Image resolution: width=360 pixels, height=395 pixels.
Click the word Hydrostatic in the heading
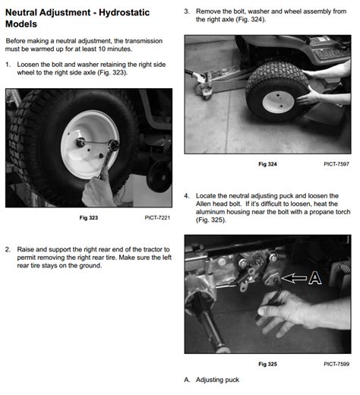[x=124, y=12]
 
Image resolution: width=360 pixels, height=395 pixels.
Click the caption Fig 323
[x=89, y=218]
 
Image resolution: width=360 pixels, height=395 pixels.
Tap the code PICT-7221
[x=157, y=218]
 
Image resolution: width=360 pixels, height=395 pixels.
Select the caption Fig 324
[x=267, y=164]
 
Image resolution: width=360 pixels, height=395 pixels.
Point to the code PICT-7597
[x=336, y=164]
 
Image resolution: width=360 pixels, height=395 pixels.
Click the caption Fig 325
[x=267, y=364]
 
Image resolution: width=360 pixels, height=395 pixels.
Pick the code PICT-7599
[x=336, y=364]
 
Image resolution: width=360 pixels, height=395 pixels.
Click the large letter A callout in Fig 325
[x=315, y=278]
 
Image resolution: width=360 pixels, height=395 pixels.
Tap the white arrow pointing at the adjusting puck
[x=294, y=278]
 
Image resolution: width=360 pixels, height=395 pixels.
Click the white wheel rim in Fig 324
[x=278, y=102]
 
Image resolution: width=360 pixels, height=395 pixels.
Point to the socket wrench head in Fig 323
[x=114, y=145]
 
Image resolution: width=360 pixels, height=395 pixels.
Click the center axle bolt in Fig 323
[x=81, y=143]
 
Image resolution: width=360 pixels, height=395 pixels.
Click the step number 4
[x=187, y=196]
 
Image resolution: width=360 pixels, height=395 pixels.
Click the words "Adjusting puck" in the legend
[x=217, y=380]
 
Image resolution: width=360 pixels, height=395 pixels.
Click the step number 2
[x=8, y=249]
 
